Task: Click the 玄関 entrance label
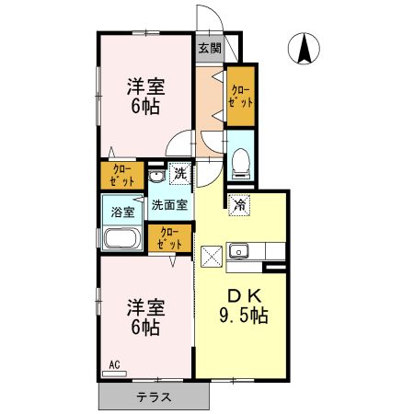click(208, 48)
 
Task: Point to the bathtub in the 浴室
click(120, 240)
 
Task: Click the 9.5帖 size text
click(244, 316)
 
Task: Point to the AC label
click(115, 365)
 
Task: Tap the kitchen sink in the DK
click(242, 250)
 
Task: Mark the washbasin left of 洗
click(155, 176)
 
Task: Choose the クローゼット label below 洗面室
click(169, 238)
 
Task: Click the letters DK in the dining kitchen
click(243, 296)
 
